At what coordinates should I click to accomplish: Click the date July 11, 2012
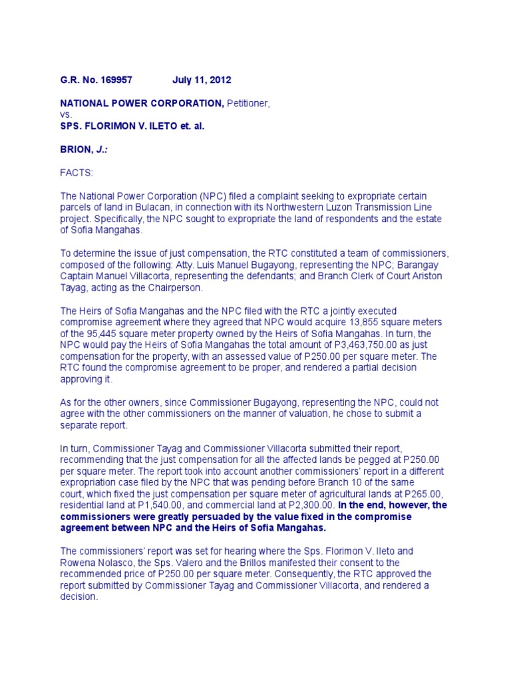(202, 80)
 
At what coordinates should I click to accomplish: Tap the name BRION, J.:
(84, 150)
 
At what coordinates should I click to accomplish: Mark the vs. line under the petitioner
(66, 114)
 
